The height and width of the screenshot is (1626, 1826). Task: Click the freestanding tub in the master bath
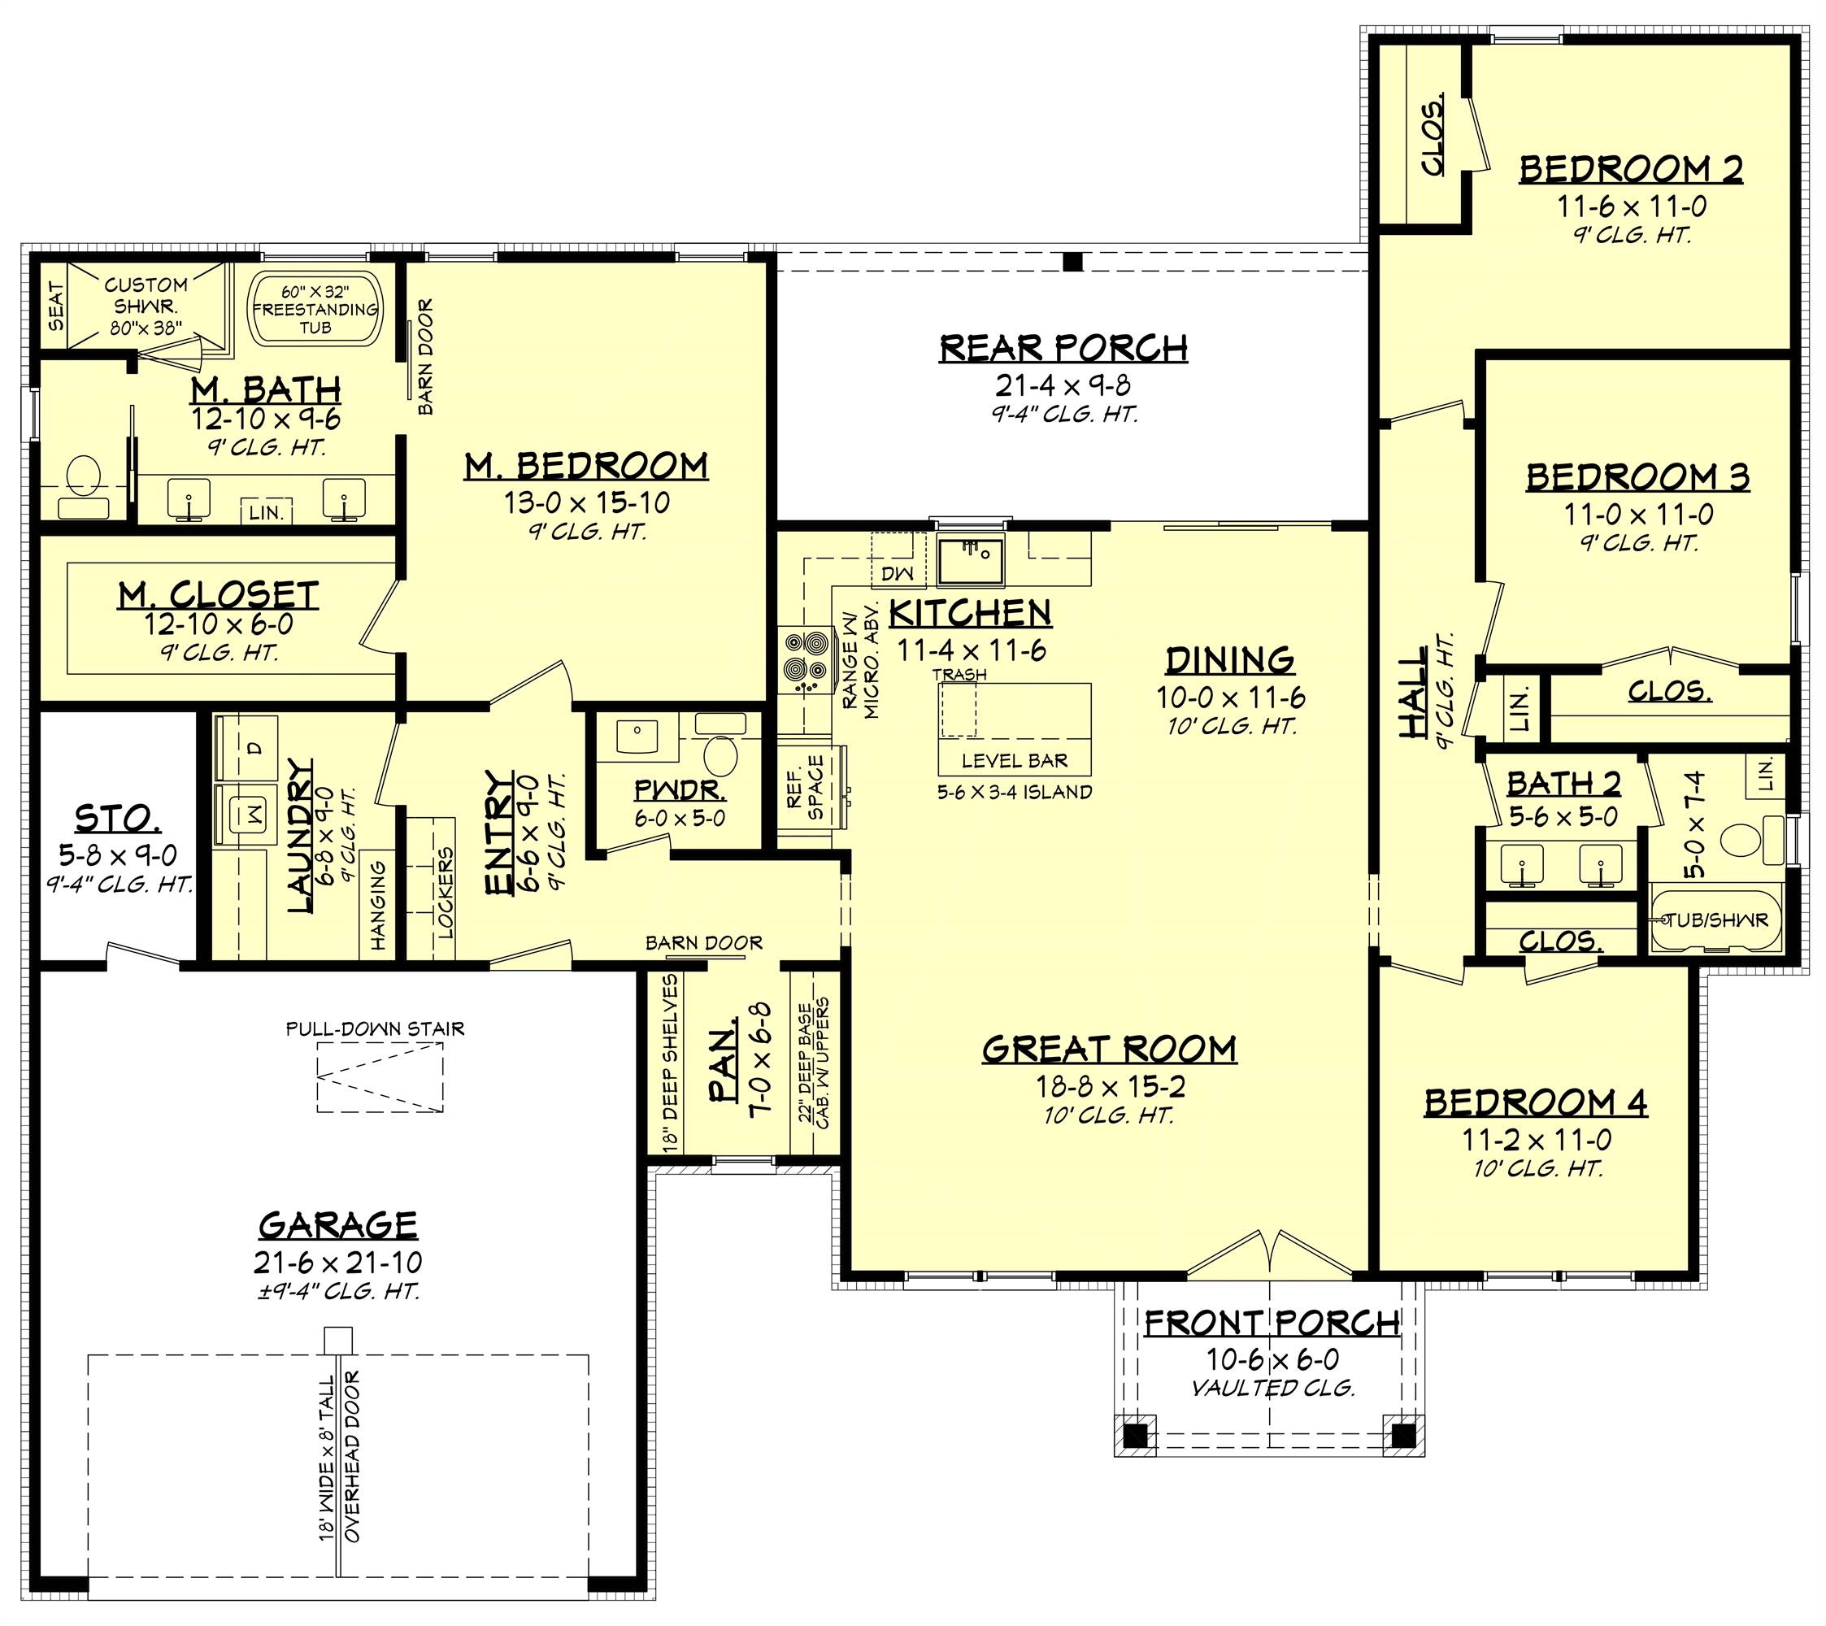point(314,308)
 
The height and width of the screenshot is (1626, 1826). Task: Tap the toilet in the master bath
point(83,487)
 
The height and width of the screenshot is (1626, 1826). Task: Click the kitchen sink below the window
point(970,559)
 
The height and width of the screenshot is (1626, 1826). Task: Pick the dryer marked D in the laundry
point(246,749)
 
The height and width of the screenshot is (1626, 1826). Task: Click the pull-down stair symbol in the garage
point(380,1079)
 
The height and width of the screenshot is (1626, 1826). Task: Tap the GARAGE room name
point(337,1224)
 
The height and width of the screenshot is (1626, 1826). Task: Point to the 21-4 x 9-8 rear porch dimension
point(1063,385)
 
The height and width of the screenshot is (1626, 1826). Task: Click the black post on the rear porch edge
point(1073,262)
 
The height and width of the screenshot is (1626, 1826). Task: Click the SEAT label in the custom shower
point(56,307)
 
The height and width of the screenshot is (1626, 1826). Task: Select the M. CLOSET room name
point(219,596)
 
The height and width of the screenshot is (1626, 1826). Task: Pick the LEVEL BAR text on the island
point(1015,761)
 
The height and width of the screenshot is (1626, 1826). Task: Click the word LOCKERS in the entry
point(446,892)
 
